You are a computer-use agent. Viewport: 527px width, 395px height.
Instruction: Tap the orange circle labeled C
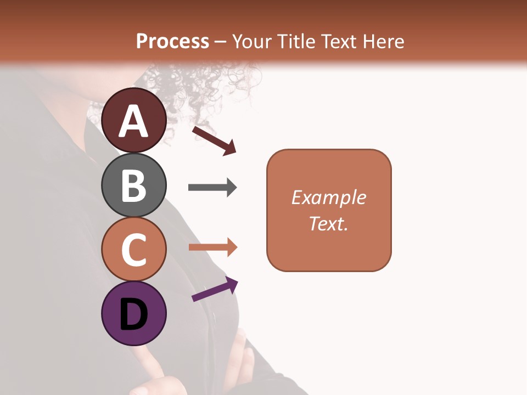(x=134, y=249)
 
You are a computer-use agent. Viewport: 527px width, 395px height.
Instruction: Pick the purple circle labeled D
(x=134, y=313)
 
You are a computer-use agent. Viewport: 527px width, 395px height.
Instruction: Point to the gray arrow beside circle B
(x=212, y=188)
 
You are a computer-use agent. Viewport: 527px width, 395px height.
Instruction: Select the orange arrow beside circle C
(x=212, y=247)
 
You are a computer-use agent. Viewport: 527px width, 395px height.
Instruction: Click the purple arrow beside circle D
(x=215, y=289)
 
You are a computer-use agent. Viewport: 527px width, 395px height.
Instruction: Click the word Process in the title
(x=172, y=41)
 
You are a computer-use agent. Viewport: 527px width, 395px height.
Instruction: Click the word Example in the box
(x=328, y=198)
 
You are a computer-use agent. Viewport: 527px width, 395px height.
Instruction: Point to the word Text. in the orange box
(x=328, y=223)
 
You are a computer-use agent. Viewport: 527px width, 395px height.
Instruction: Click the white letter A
(x=134, y=121)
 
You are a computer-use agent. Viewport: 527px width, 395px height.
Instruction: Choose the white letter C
(x=134, y=250)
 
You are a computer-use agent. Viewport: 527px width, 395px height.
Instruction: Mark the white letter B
(x=134, y=186)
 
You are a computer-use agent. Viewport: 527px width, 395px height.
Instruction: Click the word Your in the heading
(x=253, y=41)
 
